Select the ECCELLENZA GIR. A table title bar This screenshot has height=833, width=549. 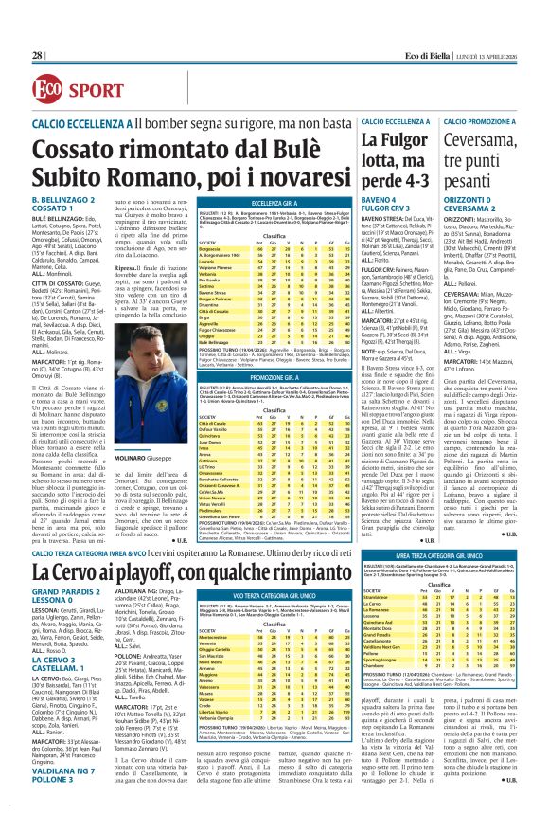[x=247, y=202]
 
